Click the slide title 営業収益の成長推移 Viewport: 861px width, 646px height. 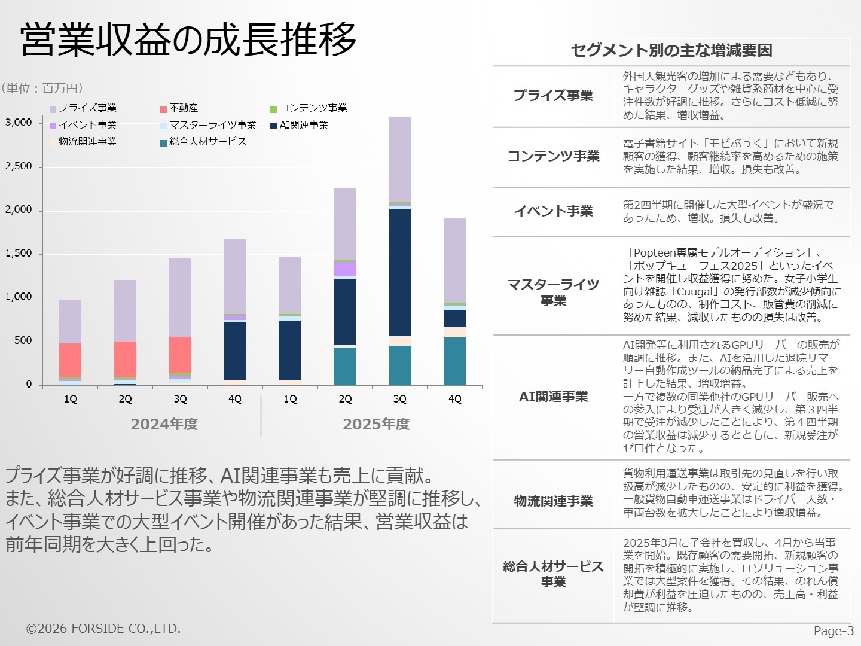pyautogui.click(x=188, y=40)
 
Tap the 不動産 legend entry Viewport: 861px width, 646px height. pyautogui.click(x=183, y=108)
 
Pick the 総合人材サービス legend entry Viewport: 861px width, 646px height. pyautogui.click(x=207, y=142)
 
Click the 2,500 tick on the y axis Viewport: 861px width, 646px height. pyautogui.click(x=19, y=166)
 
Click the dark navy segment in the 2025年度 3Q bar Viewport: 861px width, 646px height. pyautogui.click(x=400, y=272)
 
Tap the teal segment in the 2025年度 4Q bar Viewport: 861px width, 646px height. pyautogui.click(x=454, y=361)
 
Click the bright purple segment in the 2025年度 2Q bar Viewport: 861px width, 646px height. pyautogui.click(x=345, y=269)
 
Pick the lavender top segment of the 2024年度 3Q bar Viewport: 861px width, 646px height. pyautogui.click(x=180, y=297)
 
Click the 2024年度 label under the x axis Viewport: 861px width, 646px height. pyautogui.click(x=164, y=424)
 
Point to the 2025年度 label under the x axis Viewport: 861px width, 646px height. pyautogui.click(x=376, y=424)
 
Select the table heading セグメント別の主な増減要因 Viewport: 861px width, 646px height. pyautogui.click(x=671, y=50)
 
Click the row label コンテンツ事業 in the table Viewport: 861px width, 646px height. pyautogui.click(x=553, y=156)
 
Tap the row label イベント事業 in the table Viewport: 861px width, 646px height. pyautogui.click(x=553, y=211)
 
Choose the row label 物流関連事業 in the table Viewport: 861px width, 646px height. pyautogui.click(x=553, y=501)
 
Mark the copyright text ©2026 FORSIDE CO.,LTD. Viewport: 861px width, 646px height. pyautogui.click(x=103, y=629)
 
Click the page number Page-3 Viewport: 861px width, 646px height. pyautogui.click(x=833, y=631)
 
